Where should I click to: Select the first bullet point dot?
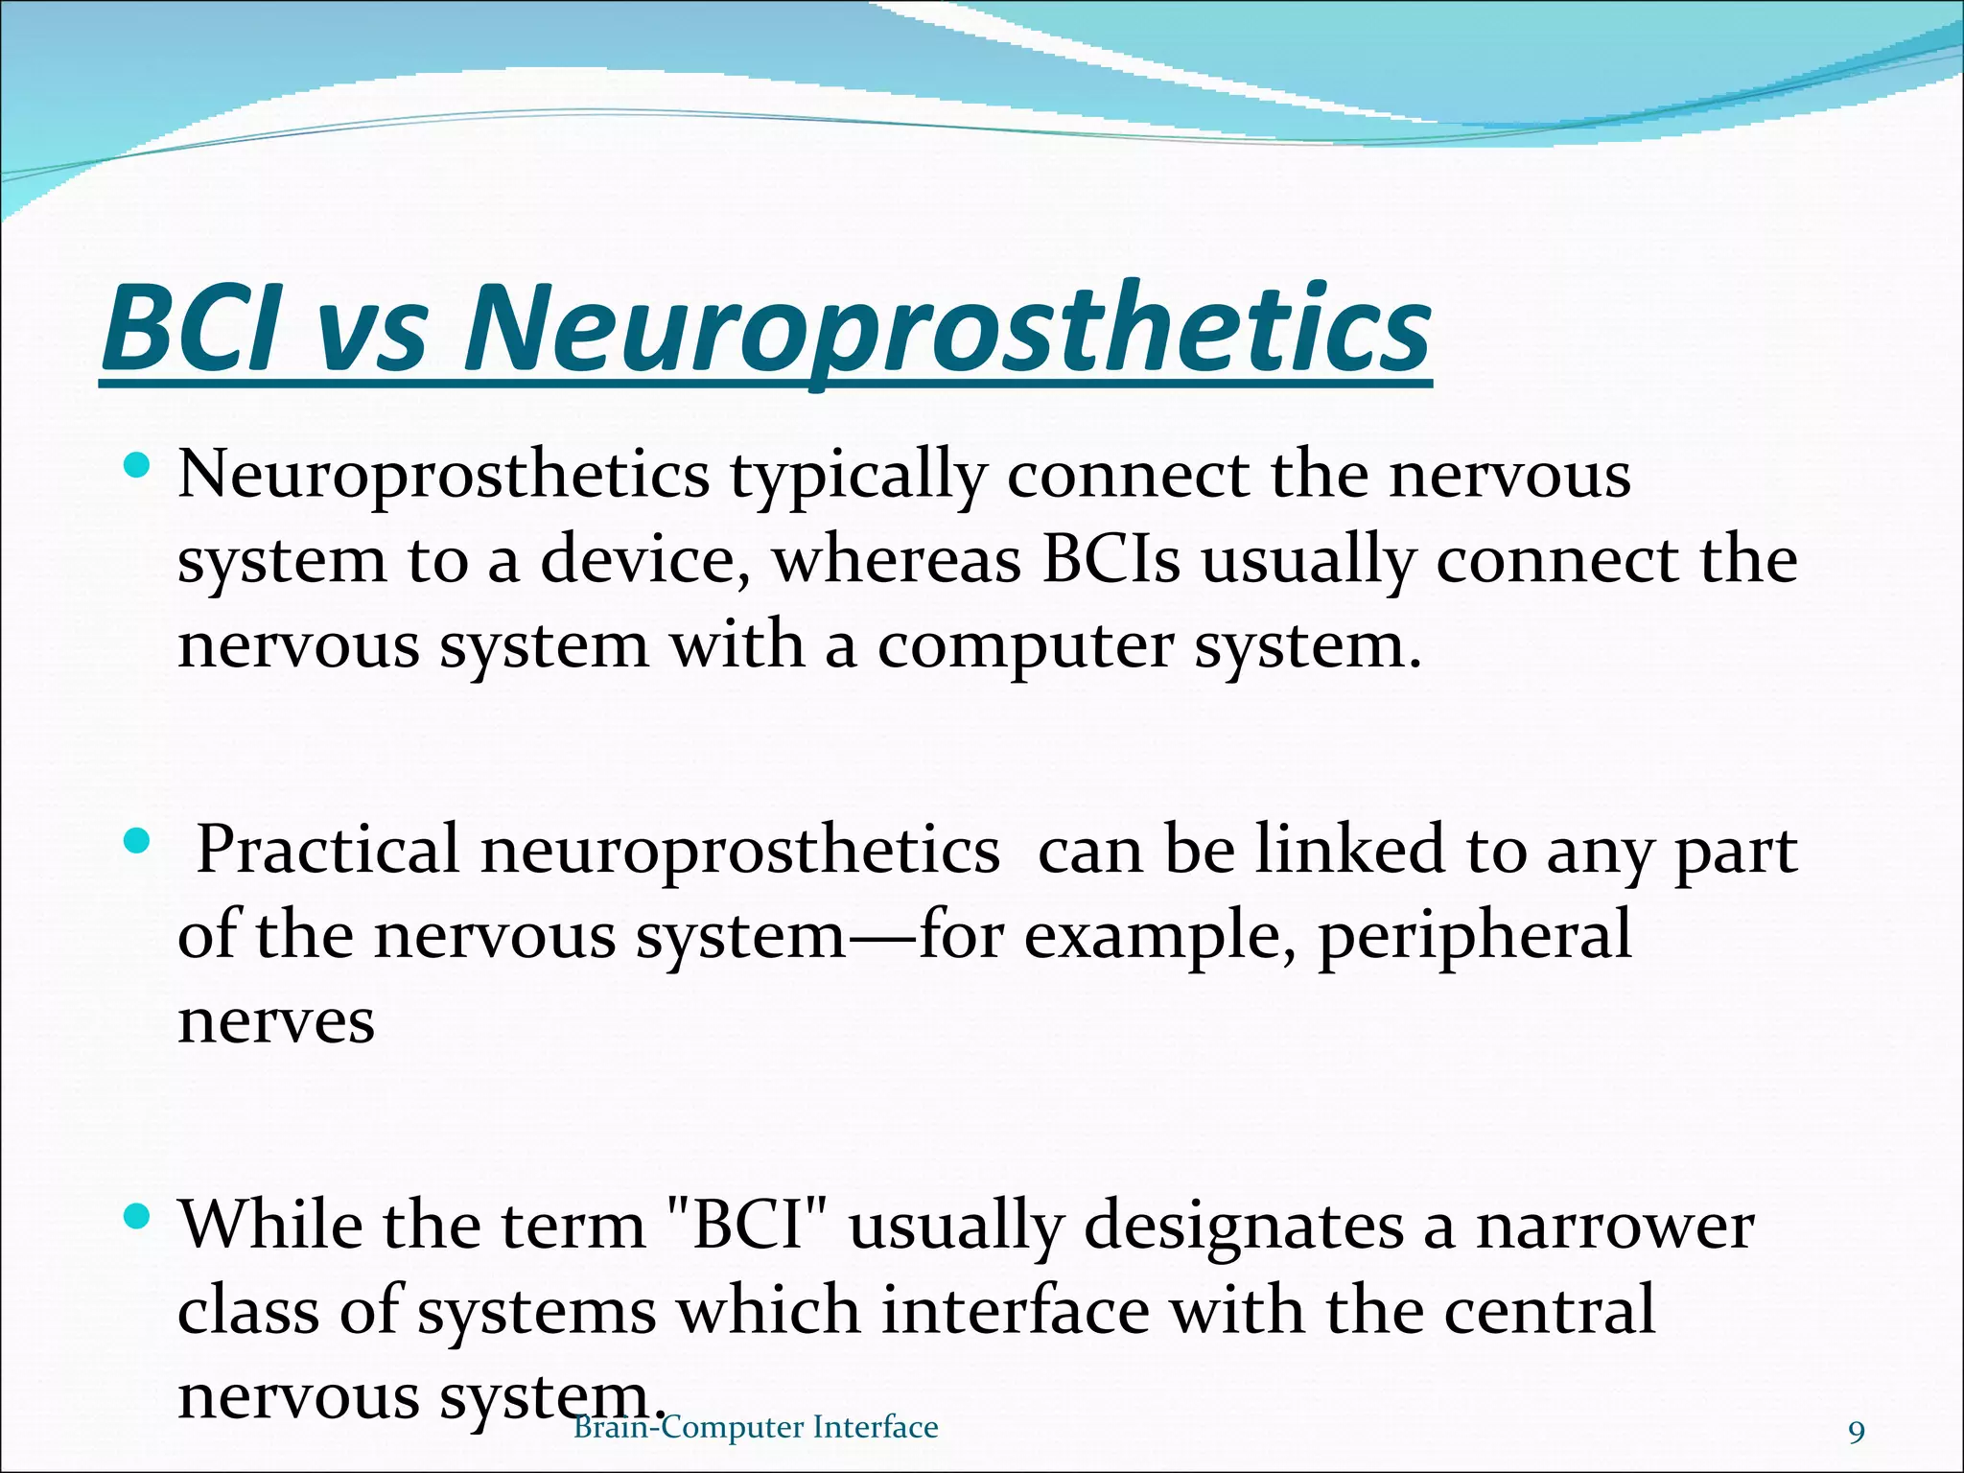click(x=138, y=468)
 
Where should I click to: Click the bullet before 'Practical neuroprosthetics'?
click(x=138, y=843)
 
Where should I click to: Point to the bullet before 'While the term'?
click(x=138, y=1219)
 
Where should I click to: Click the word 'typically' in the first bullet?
click(x=857, y=477)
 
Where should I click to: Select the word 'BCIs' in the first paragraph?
click(x=1111, y=560)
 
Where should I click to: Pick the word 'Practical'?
click(x=327, y=850)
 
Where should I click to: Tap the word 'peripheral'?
click(x=1474, y=936)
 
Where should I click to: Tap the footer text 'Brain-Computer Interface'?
click(x=756, y=1427)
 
